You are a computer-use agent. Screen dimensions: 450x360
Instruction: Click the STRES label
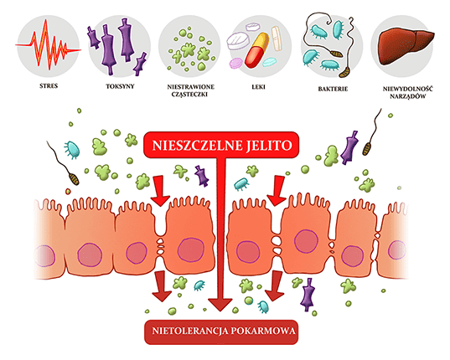click(x=49, y=85)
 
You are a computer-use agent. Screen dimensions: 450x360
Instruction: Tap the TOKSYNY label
click(x=120, y=86)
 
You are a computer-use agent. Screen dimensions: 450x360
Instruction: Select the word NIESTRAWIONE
click(x=190, y=86)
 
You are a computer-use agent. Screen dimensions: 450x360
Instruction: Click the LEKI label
click(x=258, y=86)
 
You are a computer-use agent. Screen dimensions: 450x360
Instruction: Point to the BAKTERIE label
click(x=333, y=89)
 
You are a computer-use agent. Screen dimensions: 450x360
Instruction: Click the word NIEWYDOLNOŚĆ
click(x=407, y=89)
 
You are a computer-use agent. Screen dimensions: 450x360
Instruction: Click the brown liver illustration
click(x=406, y=47)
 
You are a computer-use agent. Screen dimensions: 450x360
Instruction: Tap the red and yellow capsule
click(x=256, y=50)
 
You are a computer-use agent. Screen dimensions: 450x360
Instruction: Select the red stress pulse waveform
click(x=49, y=44)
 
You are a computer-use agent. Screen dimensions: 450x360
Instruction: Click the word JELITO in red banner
click(x=269, y=146)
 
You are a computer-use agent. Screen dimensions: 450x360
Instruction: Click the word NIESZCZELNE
click(x=198, y=146)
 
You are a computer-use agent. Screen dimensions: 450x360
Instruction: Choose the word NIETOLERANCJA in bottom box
click(x=190, y=331)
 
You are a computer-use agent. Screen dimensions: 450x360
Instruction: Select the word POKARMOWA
click(x=263, y=331)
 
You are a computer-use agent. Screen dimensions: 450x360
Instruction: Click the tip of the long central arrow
click(x=220, y=311)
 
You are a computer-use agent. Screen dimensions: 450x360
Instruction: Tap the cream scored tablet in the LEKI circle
click(x=276, y=39)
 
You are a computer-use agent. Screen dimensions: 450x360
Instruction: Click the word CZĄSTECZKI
click(x=189, y=95)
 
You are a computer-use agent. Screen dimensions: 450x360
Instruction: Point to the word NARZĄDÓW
click(x=407, y=96)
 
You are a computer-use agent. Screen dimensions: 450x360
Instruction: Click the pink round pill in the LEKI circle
click(x=236, y=64)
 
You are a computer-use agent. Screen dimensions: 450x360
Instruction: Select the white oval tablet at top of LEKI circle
click(x=253, y=27)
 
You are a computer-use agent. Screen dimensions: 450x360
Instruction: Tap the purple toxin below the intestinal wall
click(x=308, y=295)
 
